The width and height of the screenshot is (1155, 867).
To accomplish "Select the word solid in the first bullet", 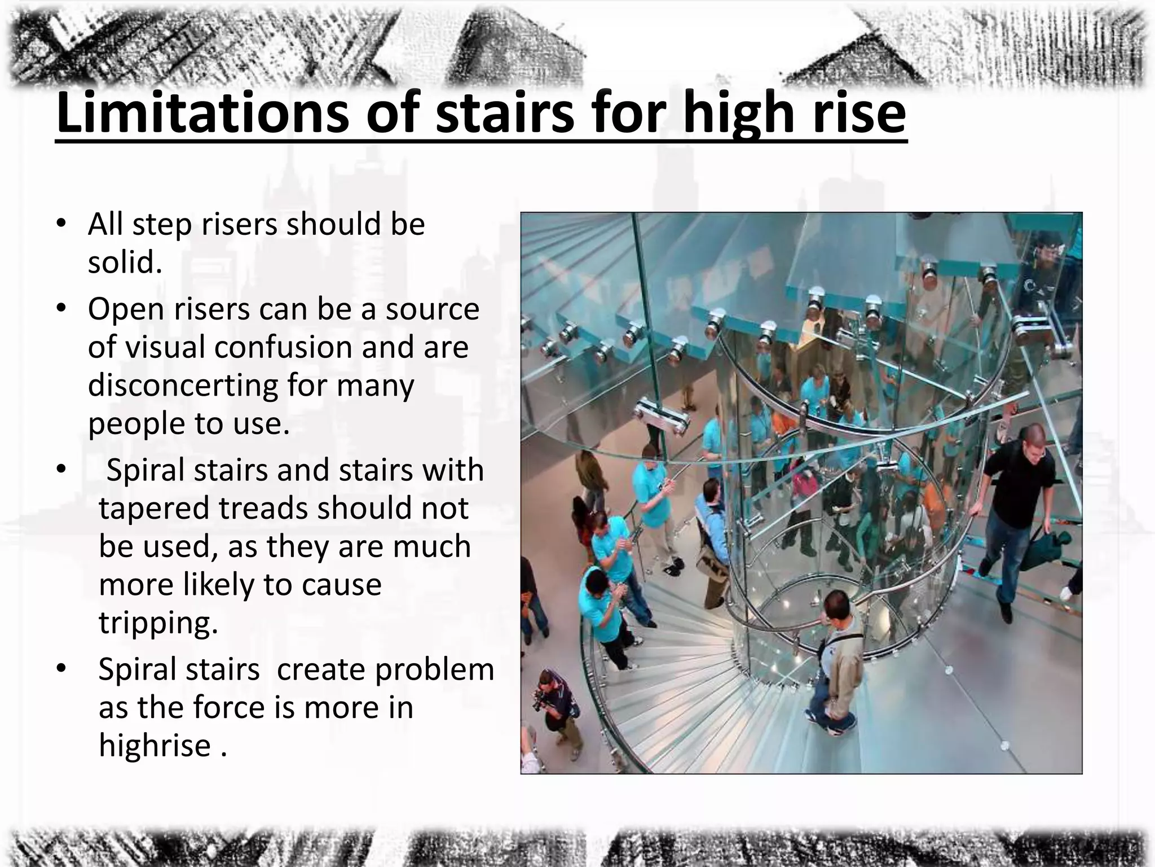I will click(x=125, y=262).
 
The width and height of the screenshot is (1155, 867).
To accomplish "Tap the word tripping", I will click(x=158, y=623).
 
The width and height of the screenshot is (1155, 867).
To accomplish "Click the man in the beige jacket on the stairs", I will click(x=835, y=655).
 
